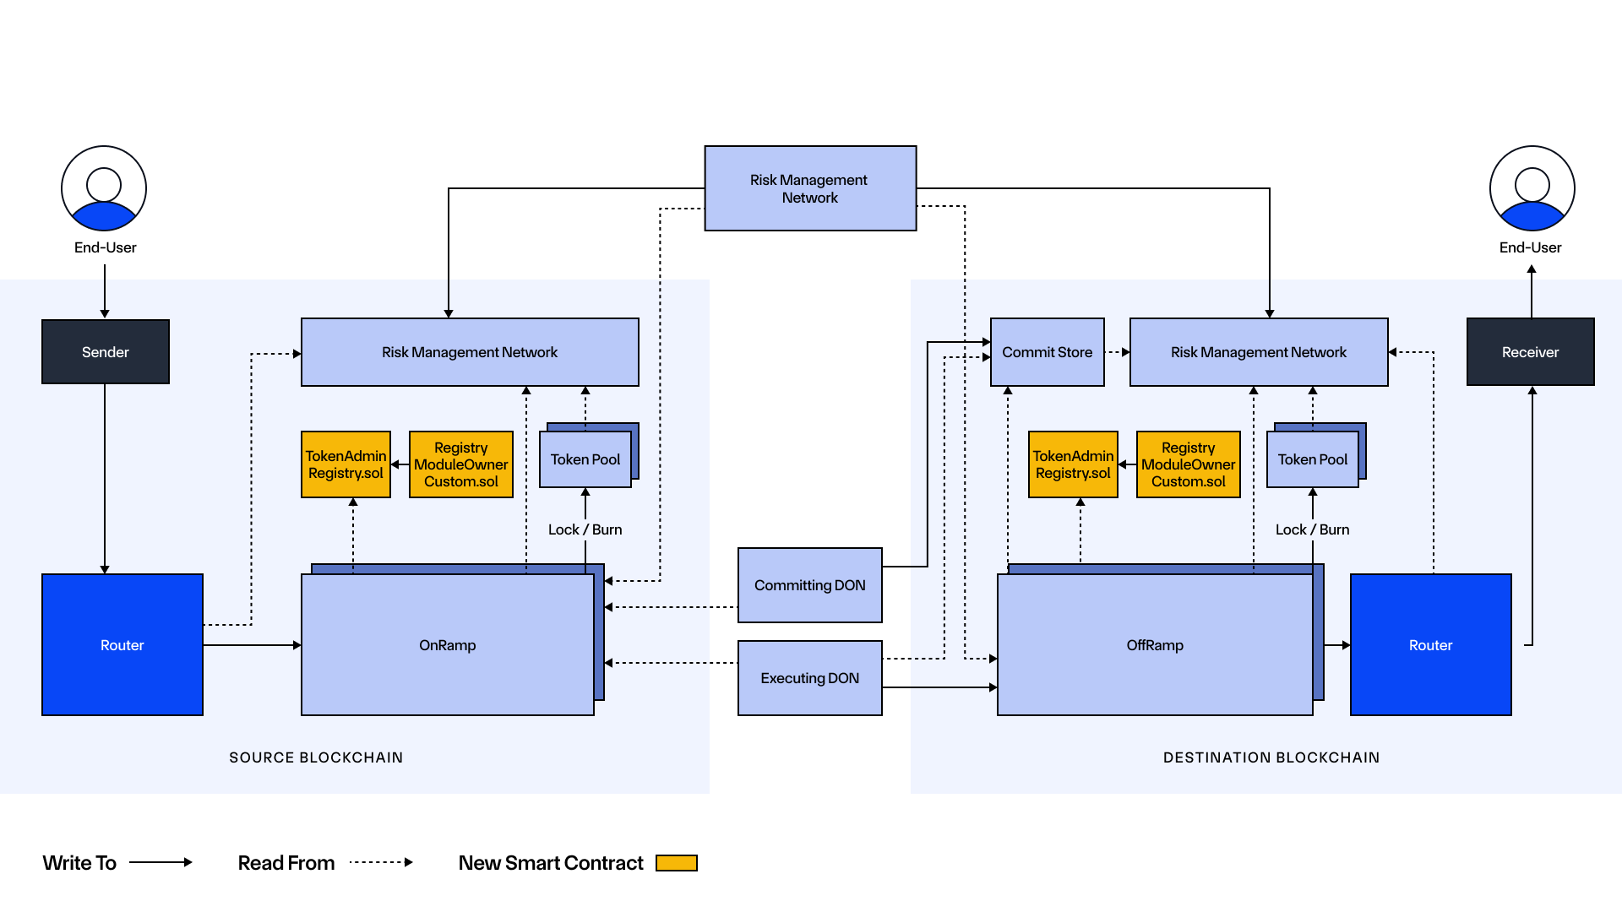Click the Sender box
(106, 352)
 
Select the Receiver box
(1530, 352)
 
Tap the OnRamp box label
(448, 645)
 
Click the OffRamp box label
(1155, 645)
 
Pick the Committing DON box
(809, 585)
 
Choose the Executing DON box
(809, 678)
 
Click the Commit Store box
(1047, 352)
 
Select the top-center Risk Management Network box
(809, 188)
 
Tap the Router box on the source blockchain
(122, 645)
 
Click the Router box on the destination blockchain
(1430, 645)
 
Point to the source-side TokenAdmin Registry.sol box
(346, 464)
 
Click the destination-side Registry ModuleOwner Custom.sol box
(1188, 464)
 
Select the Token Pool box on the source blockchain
(585, 459)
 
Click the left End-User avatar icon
(104, 188)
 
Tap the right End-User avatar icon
(1532, 188)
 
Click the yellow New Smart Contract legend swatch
(677, 863)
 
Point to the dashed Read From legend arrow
(381, 862)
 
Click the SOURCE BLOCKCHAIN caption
(316, 757)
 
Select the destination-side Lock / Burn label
(1312, 529)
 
